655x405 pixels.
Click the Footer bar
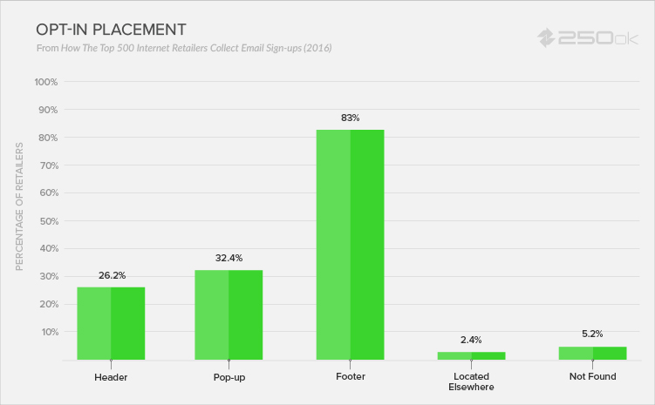pos(350,244)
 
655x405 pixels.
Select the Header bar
pos(111,323)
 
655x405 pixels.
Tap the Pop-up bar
pos(229,314)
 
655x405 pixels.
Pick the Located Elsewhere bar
pos(471,355)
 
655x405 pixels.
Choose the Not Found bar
pos(593,353)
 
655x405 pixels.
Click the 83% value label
pos(351,117)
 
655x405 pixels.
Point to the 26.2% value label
pos(111,275)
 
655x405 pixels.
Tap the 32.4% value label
pos(229,258)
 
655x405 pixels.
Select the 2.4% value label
pos(471,340)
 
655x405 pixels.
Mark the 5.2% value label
pos(593,334)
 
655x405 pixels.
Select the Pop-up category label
pos(229,377)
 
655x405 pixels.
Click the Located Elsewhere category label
pos(471,381)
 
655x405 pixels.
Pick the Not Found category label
pos(593,377)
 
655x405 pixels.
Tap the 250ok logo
pos(589,38)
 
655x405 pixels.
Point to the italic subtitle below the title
pos(184,47)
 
